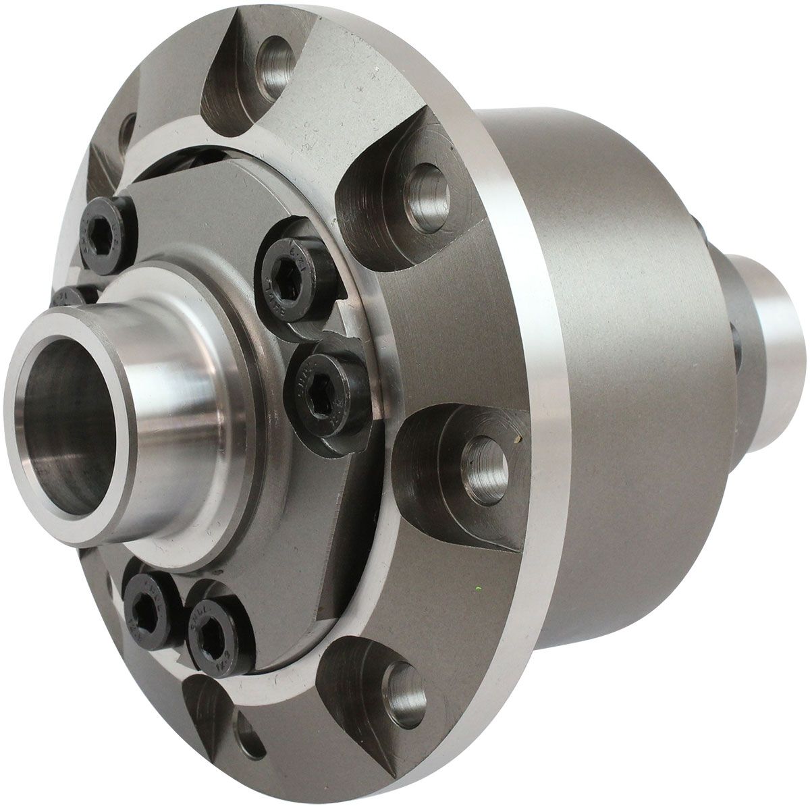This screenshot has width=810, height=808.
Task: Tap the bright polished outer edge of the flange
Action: click(540, 378)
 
